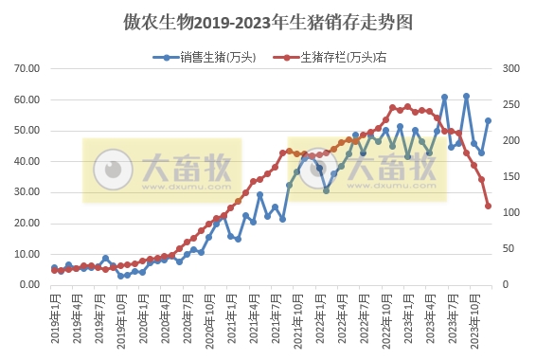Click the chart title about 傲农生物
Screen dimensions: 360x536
coord(268,20)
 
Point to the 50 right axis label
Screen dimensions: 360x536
coord(509,249)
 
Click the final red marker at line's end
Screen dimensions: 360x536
coord(489,206)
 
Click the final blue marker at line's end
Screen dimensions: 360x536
coord(489,120)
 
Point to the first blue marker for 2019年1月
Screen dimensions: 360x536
coord(54,268)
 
